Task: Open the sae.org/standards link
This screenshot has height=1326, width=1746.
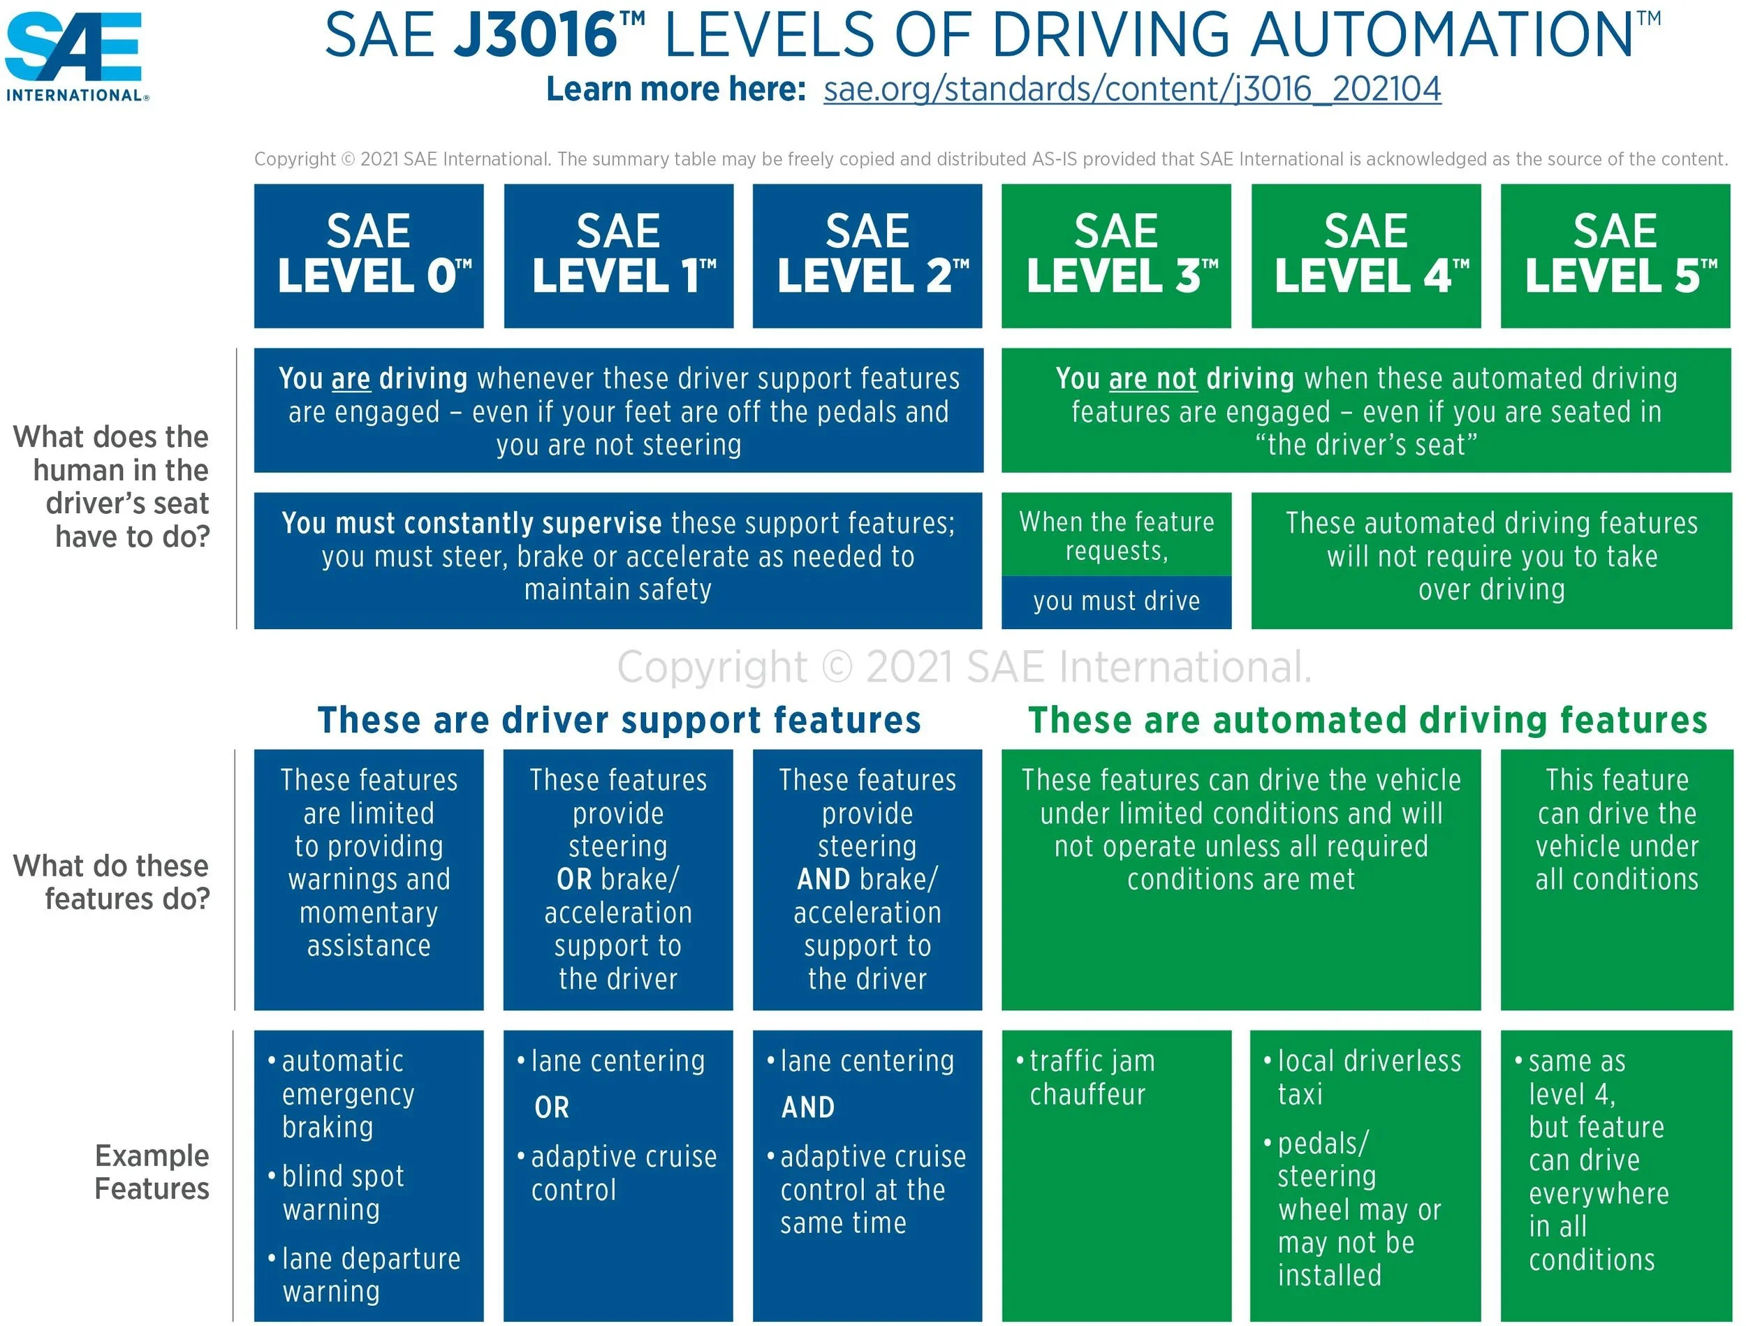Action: coord(1132,89)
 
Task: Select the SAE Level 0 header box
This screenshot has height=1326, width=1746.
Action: coord(369,255)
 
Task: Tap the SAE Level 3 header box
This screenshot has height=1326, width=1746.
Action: coord(1116,255)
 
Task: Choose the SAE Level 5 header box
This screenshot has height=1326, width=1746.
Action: coord(1615,255)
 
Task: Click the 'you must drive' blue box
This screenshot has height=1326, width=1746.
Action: coord(1116,601)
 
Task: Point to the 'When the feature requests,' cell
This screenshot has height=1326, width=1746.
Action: coord(1116,535)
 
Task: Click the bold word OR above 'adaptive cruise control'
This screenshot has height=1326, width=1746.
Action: coord(551,1107)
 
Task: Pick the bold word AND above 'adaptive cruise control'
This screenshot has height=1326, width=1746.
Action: coord(807,1107)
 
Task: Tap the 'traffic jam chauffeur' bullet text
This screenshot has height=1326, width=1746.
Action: coord(1092,1077)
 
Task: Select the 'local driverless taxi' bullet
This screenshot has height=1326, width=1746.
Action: coord(1369,1077)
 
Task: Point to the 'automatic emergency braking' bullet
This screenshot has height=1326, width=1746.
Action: coord(347,1094)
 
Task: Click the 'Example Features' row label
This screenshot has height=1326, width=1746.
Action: coord(152,1172)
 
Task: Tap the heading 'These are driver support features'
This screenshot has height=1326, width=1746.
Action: coord(619,720)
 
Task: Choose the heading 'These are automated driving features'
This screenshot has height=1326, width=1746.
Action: coord(1367,720)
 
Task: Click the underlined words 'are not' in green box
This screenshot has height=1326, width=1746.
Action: coord(1152,380)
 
